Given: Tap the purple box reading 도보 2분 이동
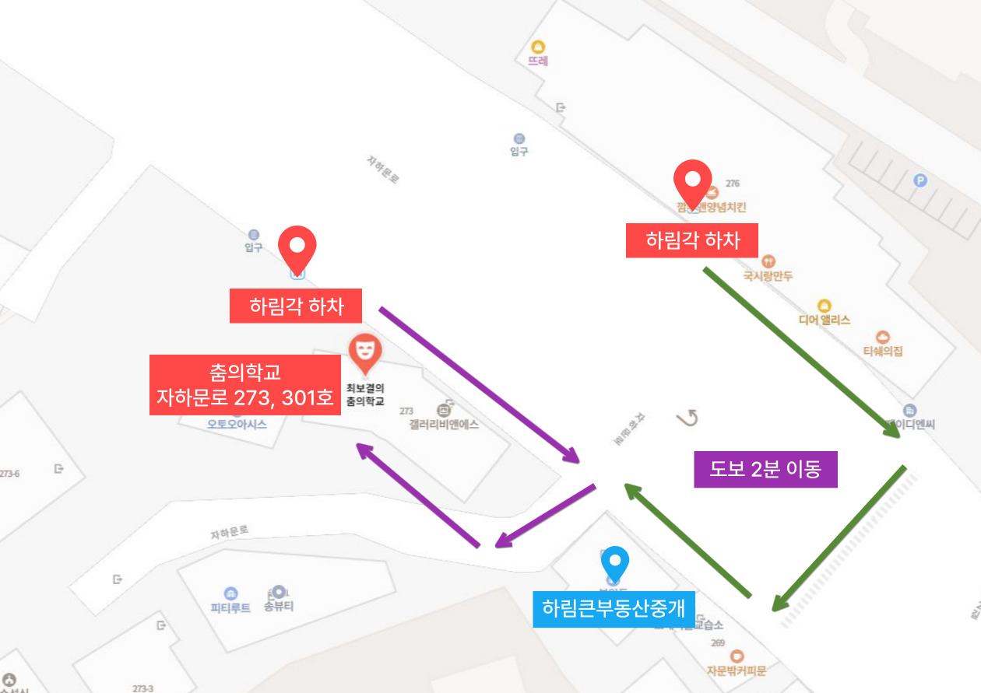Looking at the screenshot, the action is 765,469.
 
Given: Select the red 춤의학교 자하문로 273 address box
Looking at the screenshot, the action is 244,385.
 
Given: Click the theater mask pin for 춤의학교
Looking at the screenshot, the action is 364,352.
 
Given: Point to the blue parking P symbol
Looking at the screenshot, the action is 920,180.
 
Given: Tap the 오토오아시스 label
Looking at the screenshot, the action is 237,424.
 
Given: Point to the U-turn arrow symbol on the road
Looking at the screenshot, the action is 687,418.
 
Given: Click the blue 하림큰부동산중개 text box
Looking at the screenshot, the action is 614,609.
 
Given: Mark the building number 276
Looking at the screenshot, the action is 732,184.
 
